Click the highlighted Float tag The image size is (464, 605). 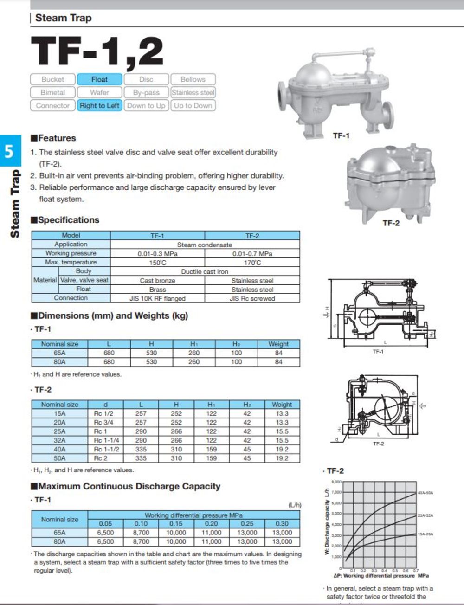point(99,79)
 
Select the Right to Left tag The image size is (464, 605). point(99,105)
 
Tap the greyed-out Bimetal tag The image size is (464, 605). point(53,92)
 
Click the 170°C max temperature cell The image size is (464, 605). point(252,262)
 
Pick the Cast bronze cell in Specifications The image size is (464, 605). point(157,280)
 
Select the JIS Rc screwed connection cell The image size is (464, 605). point(252,298)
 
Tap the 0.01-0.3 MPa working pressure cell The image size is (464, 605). point(157,253)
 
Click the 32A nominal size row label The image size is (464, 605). point(59,440)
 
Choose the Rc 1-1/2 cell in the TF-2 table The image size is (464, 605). point(106,449)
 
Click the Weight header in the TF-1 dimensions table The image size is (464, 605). point(278,344)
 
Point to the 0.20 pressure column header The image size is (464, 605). point(211,523)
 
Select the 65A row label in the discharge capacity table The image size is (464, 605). point(59,533)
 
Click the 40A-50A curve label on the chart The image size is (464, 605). point(425,493)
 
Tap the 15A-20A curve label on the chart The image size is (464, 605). point(425,534)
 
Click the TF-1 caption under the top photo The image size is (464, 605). point(341,135)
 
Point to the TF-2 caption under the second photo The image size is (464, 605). point(391,223)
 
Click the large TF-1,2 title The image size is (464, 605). point(97,51)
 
